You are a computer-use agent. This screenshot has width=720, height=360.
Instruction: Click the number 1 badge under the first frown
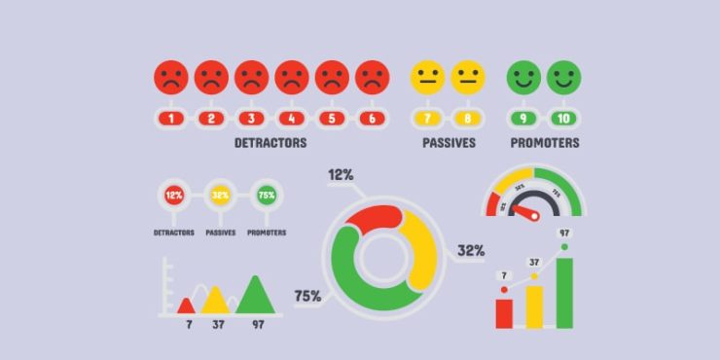click(171, 119)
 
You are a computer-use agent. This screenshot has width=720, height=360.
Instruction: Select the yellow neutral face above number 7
click(427, 76)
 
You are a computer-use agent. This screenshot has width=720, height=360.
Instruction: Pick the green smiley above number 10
click(563, 76)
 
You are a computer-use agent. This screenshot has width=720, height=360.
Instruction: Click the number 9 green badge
click(522, 119)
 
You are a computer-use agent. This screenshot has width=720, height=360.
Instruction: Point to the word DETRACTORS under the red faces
click(270, 143)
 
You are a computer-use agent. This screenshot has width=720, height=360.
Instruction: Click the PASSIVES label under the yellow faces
click(449, 143)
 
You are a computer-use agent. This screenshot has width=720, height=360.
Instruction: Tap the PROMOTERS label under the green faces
click(545, 143)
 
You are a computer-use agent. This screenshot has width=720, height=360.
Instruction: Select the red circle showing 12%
click(173, 196)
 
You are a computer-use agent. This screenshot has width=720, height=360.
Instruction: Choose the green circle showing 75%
click(266, 196)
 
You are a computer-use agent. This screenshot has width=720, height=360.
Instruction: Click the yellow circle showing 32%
click(220, 196)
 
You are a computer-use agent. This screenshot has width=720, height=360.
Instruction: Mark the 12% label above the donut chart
click(341, 175)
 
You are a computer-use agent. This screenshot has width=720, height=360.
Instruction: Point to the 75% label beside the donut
click(307, 296)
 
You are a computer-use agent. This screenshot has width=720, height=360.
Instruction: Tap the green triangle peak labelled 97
click(256, 295)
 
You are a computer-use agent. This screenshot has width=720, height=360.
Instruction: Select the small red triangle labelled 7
click(186, 306)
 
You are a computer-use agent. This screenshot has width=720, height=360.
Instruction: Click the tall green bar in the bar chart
click(564, 293)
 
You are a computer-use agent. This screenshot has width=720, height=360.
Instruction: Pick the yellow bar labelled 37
click(534, 307)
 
